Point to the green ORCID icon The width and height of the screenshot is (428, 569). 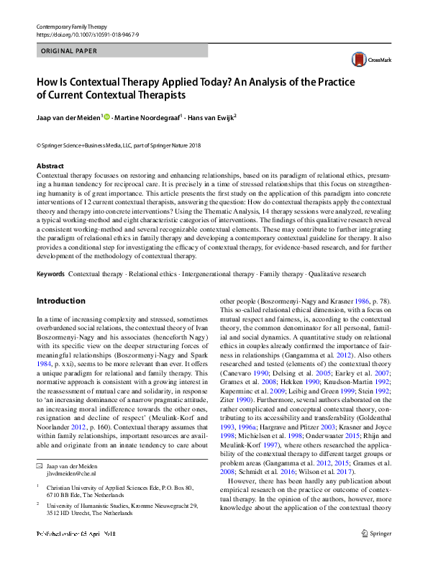[x=107, y=116]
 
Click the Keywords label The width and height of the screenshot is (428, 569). [x=50, y=274]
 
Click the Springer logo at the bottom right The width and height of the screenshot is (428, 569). [x=377, y=553]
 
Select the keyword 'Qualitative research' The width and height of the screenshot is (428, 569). [x=338, y=274]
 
